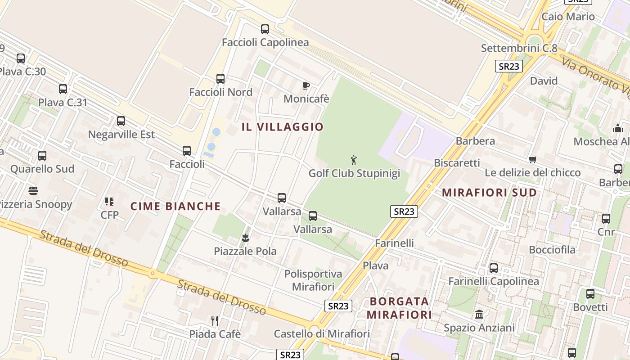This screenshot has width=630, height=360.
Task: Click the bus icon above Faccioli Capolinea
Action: (265, 29)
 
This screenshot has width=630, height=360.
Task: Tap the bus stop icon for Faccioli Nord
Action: (220, 79)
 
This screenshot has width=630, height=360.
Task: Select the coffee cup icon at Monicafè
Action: (306, 85)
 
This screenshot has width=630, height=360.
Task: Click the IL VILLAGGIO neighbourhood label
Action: (283, 127)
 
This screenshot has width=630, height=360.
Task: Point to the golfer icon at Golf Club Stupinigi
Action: (354, 160)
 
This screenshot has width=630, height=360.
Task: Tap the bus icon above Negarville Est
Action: (121, 121)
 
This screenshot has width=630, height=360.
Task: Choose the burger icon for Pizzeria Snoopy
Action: (33, 191)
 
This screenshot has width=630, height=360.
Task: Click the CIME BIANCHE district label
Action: (175, 207)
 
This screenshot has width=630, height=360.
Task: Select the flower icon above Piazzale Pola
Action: (245, 238)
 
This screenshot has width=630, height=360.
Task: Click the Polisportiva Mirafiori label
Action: (313, 280)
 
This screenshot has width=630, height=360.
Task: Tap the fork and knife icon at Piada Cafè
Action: (215, 320)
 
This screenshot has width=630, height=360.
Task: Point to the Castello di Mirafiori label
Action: (322, 334)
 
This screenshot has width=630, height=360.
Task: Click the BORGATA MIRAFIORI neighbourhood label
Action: (399, 308)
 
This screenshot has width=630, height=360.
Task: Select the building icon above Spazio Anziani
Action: (479, 314)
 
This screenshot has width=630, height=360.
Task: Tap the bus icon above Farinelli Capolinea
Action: (494, 268)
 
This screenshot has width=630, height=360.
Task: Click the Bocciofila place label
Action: (552, 250)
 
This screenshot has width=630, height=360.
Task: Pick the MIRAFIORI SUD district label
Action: (489, 193)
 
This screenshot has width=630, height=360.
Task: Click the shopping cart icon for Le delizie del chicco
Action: (533, 159)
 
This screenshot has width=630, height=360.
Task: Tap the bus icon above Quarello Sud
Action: (42, 156)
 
